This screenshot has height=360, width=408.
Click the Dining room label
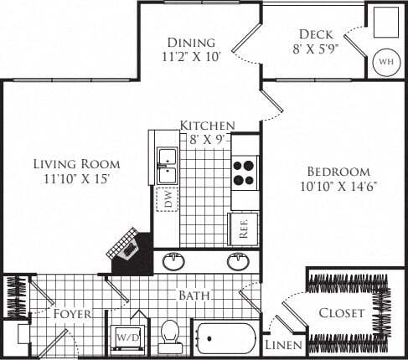[x=191, y=43]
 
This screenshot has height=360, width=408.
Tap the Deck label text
[x=315, y=35]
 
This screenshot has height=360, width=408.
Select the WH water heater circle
[x=385, y=62]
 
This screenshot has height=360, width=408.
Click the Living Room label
[x=76, y=163]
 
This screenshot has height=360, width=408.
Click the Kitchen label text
[x=207, y=126]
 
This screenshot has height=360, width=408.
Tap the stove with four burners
[x=244, y=172]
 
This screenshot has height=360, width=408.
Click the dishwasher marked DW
[x=167, y=199]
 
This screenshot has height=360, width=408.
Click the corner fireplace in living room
[x=128, y=246]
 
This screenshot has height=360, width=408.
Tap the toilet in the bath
[x=171, y=336]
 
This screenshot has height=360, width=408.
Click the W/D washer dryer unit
[x=129, y=336]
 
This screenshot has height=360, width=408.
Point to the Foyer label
[x=73, y=314]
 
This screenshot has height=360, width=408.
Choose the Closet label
[x=342, y=313]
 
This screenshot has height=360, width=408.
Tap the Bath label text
[x=194, y=296]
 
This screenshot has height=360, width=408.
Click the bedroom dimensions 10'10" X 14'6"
[x=338, y=186]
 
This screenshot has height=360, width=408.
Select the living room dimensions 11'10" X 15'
[x=76, y=178]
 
